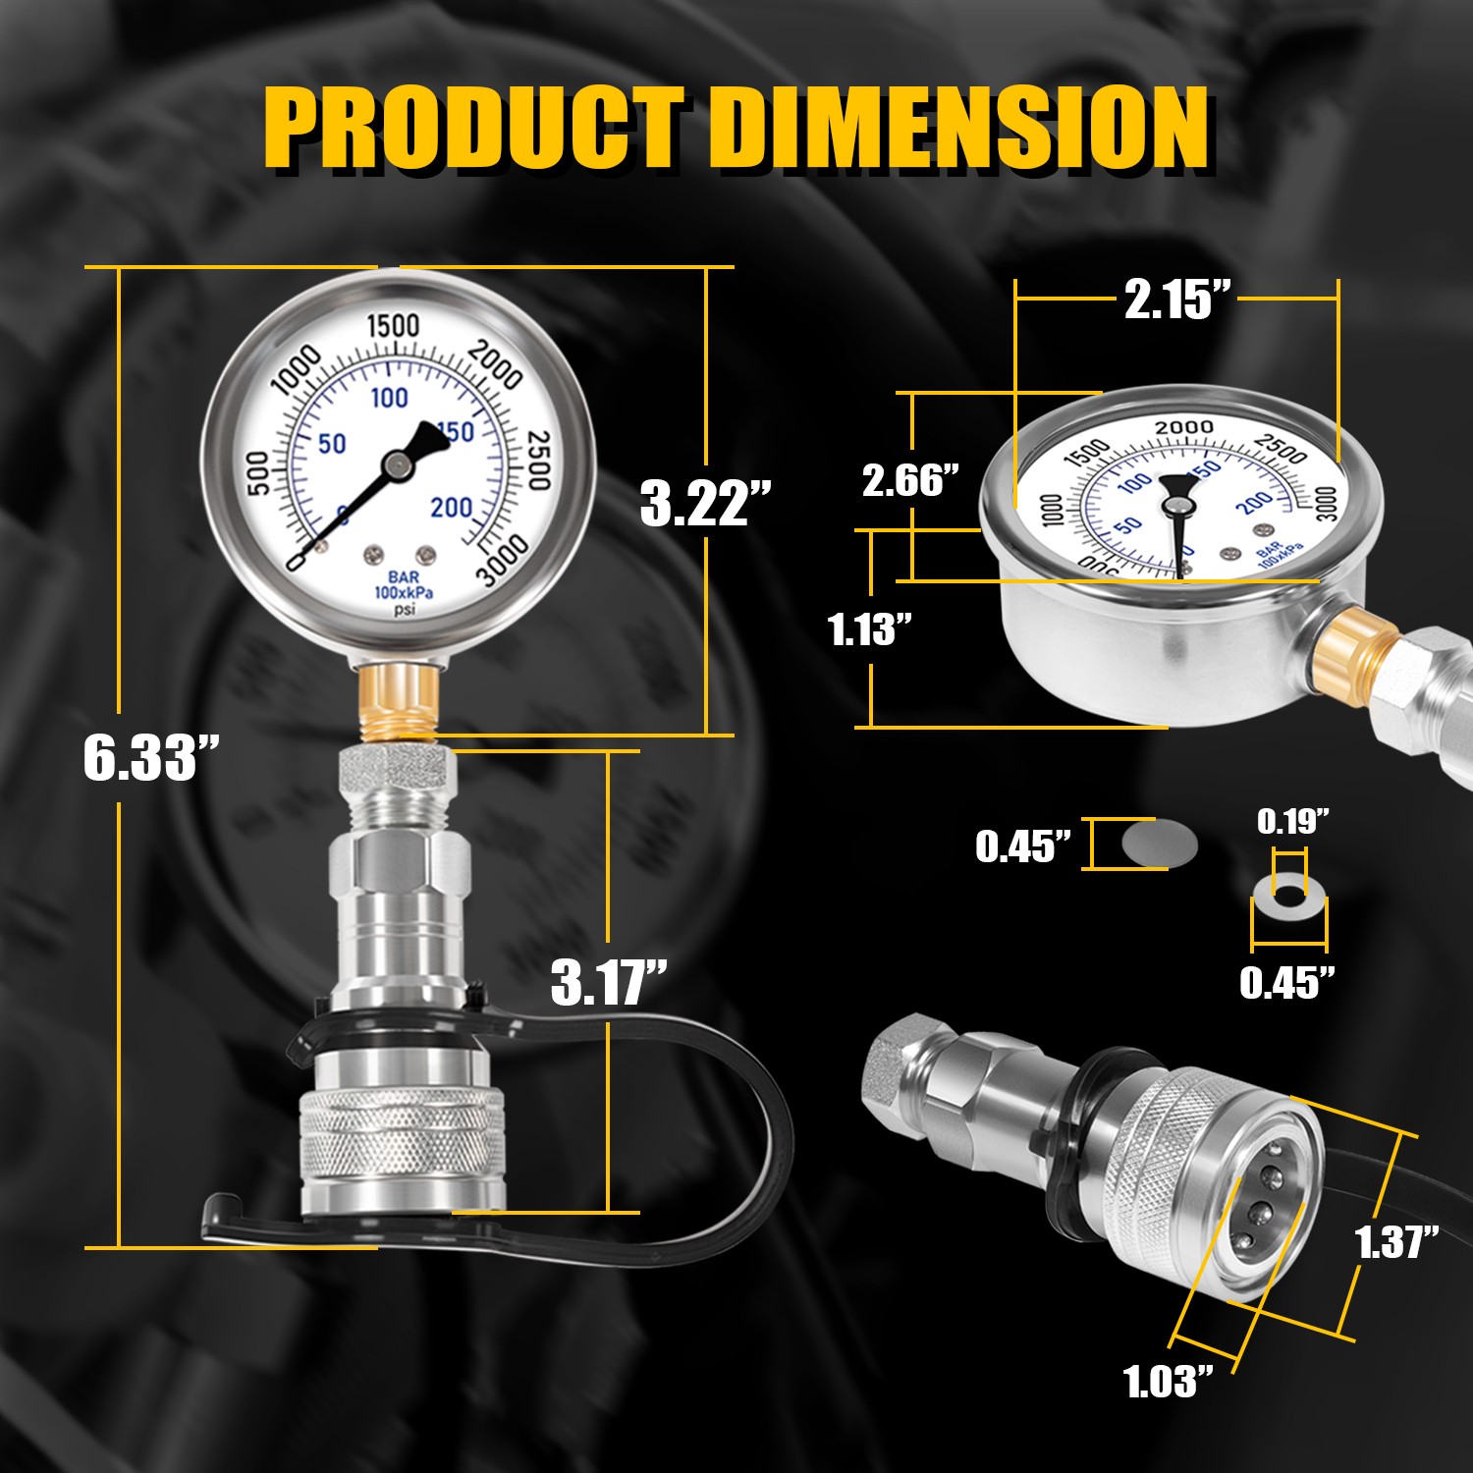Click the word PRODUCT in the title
(474, 128)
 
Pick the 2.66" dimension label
(910, 479)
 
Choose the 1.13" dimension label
(870, 628)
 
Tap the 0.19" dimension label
(1293, 820)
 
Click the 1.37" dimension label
(1397, 1241)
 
